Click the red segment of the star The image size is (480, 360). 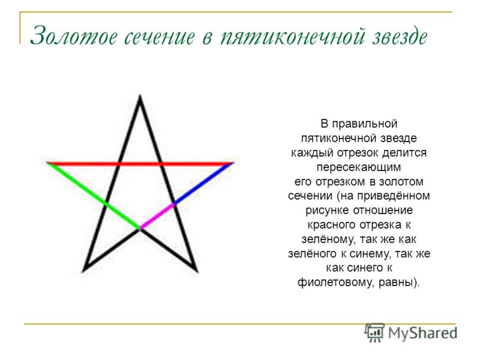(140, 164)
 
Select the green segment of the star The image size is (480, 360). (94, 196)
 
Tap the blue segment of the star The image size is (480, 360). (204, 184)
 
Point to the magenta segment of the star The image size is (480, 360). (157, 216)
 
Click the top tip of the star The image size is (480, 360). (140, 96)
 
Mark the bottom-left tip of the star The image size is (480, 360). (83, 271)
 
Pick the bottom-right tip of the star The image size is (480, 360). (197, 271)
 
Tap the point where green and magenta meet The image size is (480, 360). (140, 229)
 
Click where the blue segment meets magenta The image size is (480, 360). (174, 203)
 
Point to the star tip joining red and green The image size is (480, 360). (47, 163)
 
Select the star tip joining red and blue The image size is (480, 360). (233, 163)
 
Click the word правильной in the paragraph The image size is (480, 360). (365, 124)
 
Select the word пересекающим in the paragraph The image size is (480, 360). (358, 167)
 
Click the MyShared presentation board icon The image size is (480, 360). (374, 332)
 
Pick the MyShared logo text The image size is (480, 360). (422, 333)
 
